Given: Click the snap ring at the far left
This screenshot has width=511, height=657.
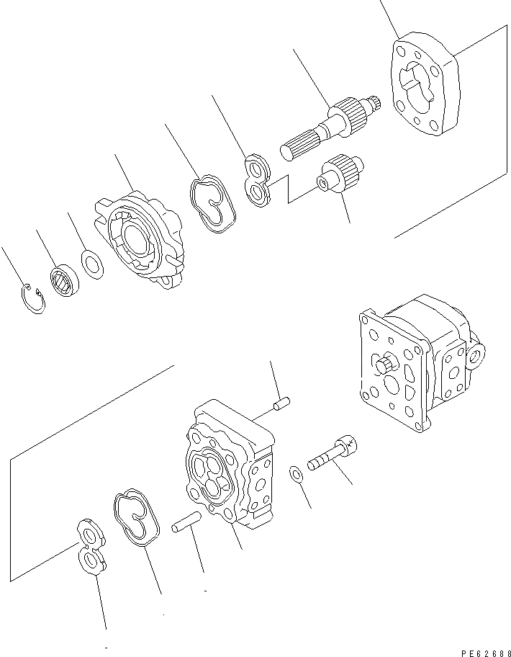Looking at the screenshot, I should point(32,300).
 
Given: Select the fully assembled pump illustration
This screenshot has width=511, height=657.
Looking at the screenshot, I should point(417,360).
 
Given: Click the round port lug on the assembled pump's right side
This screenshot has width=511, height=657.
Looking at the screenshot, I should point(476,354).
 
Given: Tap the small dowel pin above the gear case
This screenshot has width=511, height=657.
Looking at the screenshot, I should point(281,406).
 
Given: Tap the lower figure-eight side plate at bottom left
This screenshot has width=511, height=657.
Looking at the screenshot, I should point(91,547).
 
